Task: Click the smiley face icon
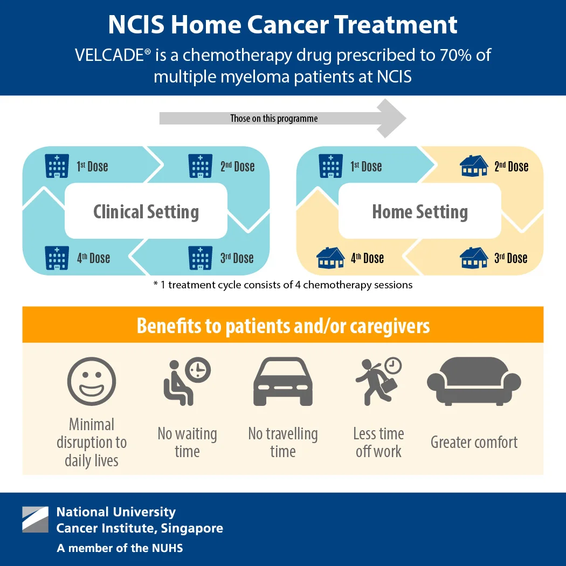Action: (92, 383)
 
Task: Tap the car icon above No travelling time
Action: (282, 382)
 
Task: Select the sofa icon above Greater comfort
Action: (474, 381)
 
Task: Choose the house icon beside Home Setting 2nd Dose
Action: (474, 166)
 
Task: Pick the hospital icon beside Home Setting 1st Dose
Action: (330, 166)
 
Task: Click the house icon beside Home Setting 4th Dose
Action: (330, 258)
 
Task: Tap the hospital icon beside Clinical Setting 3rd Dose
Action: (200, 258)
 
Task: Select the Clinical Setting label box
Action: (146, 211)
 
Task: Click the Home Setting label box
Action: (420, 211)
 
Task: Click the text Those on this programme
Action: (274, 119)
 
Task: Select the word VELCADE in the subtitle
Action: (111, 55)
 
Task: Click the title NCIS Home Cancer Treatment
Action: (282, 25)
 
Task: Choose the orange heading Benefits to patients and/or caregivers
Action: (283, 326)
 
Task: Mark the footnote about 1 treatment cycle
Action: (283, 285)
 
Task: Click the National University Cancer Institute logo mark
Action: (35, 520)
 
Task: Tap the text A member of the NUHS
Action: (120, 548)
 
